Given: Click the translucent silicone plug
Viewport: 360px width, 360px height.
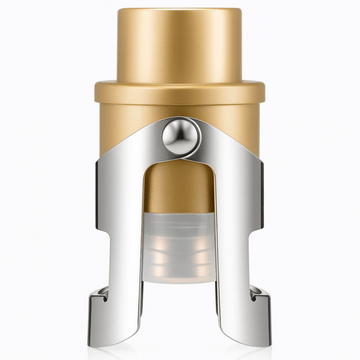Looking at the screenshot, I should pyautogui.click(x=181, y=240).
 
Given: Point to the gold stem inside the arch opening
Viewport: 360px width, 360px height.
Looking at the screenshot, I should pyautogui.click(x=181, y=190).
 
